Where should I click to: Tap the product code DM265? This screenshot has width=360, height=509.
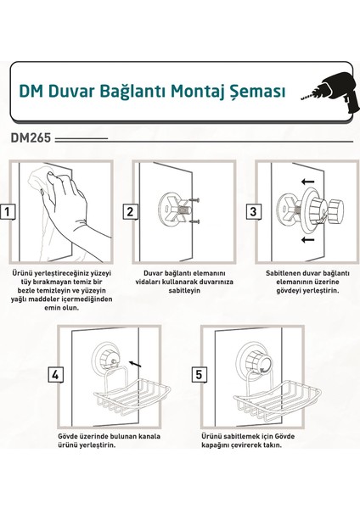click(x=31, y=138)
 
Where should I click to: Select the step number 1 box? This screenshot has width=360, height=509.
click(x=7, y=212)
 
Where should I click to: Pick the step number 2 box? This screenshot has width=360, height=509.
click(x=130, y=212)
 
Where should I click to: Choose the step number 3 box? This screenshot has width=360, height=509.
click(x=253, y=212)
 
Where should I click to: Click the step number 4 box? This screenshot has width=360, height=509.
click(x=55, y=375)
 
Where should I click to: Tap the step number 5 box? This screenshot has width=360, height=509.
click(x=199, y=375)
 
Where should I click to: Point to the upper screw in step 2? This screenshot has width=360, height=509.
click(x=194, y=200)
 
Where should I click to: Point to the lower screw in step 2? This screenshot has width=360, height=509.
click(x=194, y=221)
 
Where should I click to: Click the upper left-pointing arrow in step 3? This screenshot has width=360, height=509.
click(x=307, y=182)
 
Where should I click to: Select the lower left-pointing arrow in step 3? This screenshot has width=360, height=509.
click(x=307, y=240)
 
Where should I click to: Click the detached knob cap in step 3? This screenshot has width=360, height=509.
click(x=335, y=210)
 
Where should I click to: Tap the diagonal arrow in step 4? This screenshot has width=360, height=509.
click(x=135, y=364)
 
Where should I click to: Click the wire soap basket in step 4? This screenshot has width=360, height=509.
click(x=132, y=397)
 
